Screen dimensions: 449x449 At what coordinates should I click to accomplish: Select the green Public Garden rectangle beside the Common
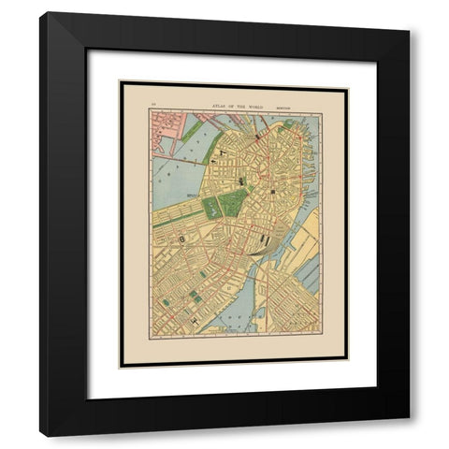pos(212,207)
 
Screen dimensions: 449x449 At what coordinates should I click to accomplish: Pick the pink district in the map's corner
pos(168,131)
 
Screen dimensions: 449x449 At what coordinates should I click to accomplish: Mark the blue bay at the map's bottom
pos(234,323)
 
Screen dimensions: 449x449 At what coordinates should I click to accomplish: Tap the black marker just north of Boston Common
pos(242,181)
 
